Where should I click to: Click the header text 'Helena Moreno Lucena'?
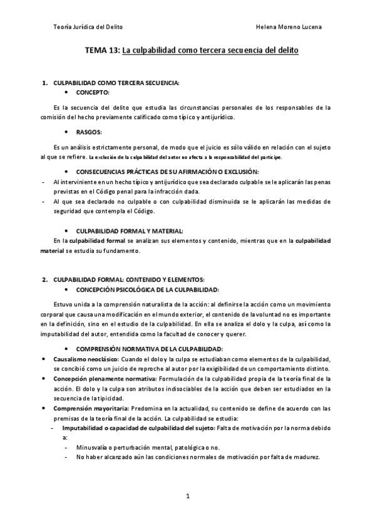[x=290, y=28]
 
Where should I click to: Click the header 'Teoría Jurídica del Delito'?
[x=88, y=28]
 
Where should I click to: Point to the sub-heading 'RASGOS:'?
[x=88, y=132]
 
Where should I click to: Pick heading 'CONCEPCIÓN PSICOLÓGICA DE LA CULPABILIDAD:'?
[x=147, y=289]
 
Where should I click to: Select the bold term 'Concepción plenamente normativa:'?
[x=103, y=378]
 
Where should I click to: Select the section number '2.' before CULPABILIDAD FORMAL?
[x=44, y=279]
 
